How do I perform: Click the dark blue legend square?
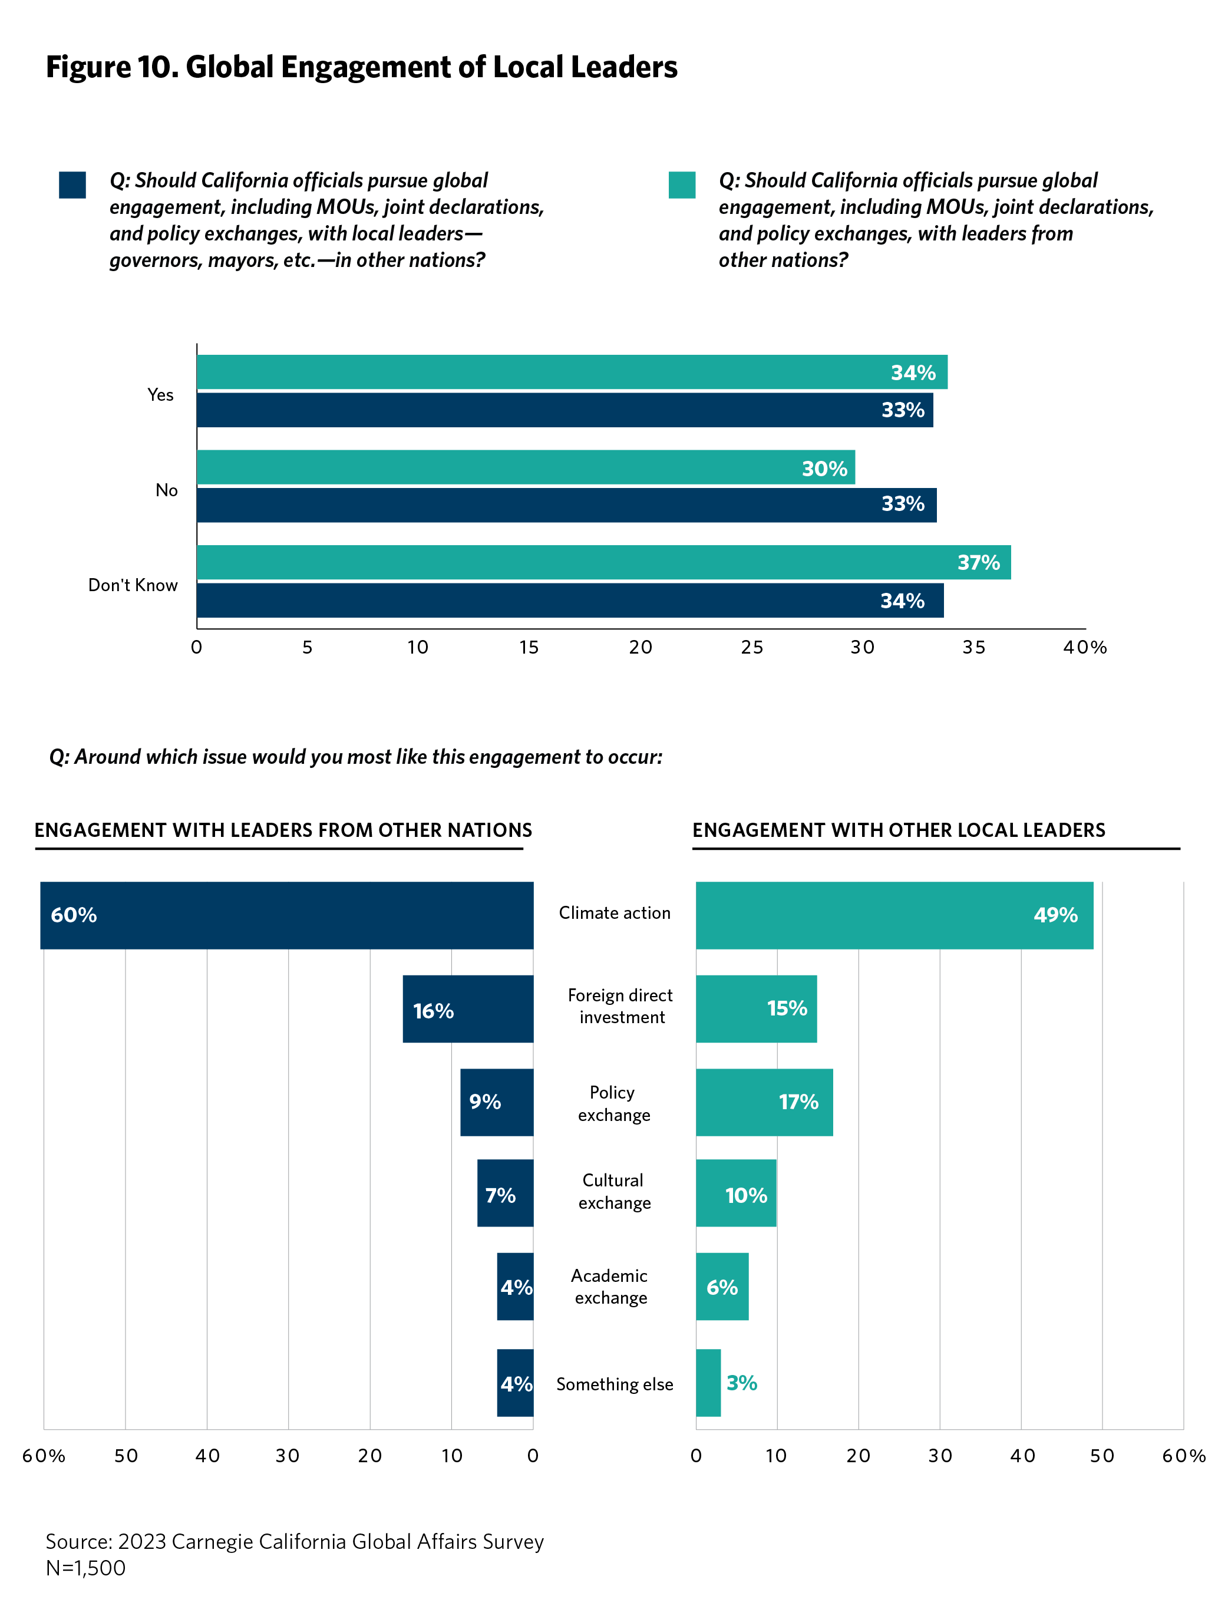tap(72, 184)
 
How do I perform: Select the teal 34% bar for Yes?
tap(571, 372)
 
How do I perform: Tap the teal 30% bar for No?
tap(526, 467)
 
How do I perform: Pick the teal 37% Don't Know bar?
tap(603, 562)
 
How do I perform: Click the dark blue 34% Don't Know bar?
tap(569, 600)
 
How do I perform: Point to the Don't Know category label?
tap(133, 585)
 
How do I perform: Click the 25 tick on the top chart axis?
tap(751, 647)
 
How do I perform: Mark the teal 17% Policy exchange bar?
tap(764, 1102)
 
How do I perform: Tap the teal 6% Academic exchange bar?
tap(722, 1287)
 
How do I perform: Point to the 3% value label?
tap(741, 1383)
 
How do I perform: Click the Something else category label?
tap(614, 1384)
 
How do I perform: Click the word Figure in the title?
tap(87, 67)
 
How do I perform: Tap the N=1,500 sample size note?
tap(85, 1568)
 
